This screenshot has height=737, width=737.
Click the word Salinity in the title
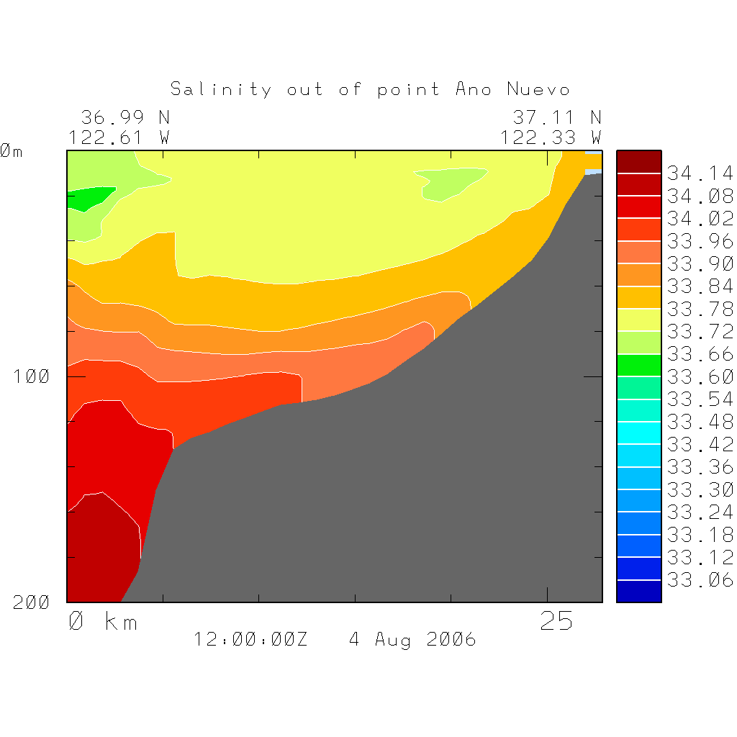(x=221, y=89)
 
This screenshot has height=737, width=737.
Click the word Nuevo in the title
(x=538, y=89)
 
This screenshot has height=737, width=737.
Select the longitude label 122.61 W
(x=119, y=137)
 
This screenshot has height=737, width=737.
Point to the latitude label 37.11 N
(x=557, y=117)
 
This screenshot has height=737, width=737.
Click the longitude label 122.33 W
(x=551, y=137)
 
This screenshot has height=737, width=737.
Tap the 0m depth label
(x=12, y=151)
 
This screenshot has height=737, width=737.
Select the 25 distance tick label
(x=556, y=621)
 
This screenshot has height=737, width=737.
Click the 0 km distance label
(x=103, y=621)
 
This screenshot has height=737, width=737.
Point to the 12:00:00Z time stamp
(x=250, y=639)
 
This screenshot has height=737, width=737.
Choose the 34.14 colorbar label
(x=700, y=173)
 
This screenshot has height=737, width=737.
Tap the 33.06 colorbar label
(x=700, y=579)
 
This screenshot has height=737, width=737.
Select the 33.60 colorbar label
(x=700, y=376)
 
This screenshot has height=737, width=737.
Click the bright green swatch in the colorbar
(x=638, y=365)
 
